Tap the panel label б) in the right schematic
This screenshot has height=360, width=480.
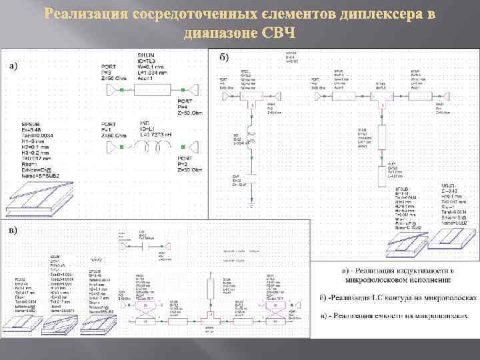pyautogui.click(x=224, y=57)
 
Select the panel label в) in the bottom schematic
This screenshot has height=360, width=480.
pyautogui.click(x=13, y=231)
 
